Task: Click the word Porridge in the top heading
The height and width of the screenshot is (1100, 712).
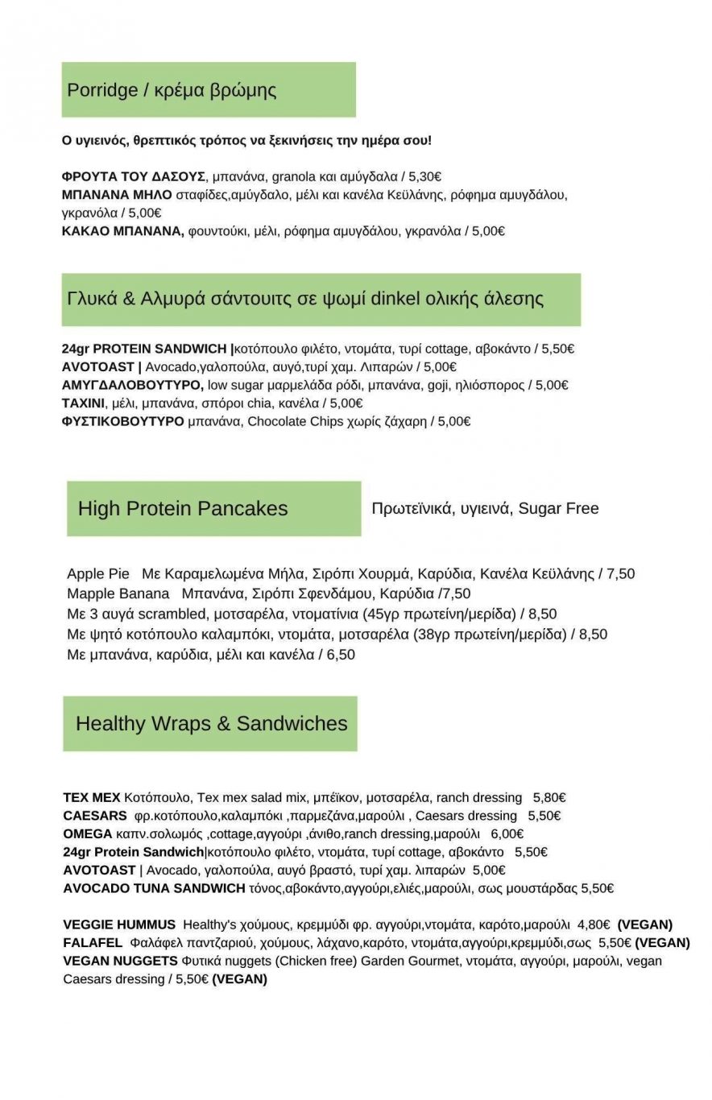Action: (x=102, y=90)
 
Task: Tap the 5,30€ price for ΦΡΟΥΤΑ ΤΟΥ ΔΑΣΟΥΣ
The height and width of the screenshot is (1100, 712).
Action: (x=424, y=176)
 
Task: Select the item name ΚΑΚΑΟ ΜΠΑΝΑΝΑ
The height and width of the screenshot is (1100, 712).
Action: (x=123, y=231)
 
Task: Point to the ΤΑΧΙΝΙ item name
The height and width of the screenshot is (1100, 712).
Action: (x=84, y=403)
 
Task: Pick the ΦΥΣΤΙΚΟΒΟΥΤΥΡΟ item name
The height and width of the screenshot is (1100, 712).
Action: (x=123, y=421)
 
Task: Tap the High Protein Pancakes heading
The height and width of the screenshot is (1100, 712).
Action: (x=183, y=508)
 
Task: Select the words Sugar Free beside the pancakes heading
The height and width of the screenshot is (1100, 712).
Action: (x=558, y=508)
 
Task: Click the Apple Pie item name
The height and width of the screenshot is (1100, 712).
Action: (x=98, y=573)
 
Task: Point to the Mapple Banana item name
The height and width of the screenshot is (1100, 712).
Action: (x=118, y=593)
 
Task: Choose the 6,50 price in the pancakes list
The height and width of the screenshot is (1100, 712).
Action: (x=341, y=655)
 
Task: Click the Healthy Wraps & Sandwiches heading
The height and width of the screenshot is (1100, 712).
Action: (x=211, y=723)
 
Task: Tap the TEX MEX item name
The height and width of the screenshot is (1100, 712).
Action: (x=92, y=797)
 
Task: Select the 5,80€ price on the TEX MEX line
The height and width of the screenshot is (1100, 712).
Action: (x=549, y=797)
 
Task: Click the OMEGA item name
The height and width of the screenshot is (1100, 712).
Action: (x=88, y=833)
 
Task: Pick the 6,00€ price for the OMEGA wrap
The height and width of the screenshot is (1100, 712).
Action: (x=507, y=833)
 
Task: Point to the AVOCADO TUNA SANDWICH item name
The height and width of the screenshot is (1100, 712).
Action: (x=154, y=888)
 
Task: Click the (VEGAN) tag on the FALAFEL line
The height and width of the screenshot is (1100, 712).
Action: (x=662, y=942)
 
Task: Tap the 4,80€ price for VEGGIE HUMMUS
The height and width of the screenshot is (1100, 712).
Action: (x=594, y=924)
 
